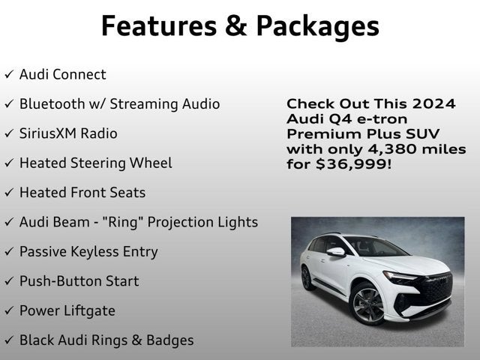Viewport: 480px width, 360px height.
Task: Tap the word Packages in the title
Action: pos(318,25)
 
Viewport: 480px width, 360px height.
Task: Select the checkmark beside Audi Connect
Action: pos(9,75)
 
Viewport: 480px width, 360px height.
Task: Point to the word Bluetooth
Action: pos(50,104)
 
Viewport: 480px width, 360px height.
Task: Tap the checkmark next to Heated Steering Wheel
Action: pos(9,163)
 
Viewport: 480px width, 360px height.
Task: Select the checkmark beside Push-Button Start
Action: pos(9,281)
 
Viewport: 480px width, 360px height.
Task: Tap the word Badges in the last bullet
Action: pos(169,340)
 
